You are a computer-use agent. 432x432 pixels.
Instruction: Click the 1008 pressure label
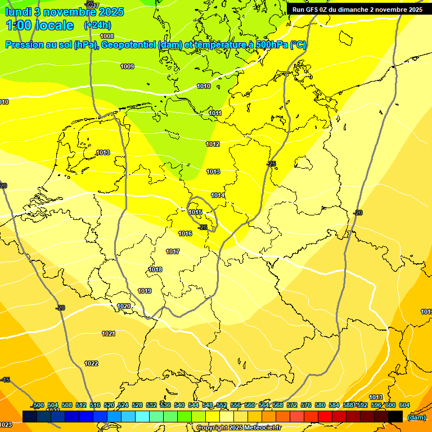click(x=107, y=36)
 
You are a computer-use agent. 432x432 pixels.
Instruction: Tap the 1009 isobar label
click(x=127, y=66)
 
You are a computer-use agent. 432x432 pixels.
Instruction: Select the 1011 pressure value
click(x=215, y=113)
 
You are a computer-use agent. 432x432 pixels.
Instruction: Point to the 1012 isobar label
click(x=213, y=144)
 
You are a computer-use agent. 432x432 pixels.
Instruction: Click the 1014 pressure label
click(x=218, y=195)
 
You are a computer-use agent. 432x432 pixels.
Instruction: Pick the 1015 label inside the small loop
click(x=196, y=212)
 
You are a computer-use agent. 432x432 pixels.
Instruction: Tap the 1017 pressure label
click(x=173, y=251)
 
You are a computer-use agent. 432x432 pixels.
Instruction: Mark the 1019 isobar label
click(x=145, y=291)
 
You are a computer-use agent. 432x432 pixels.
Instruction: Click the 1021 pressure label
click(x=109, y=334)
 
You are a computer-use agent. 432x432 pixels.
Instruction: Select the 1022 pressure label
click(x=91, y=363)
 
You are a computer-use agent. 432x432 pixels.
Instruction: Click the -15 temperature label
click(x=6, y=380)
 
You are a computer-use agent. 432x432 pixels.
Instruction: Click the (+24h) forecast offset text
click(x=97, y=25)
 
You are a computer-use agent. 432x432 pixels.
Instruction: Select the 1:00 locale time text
click(x=40, y=25)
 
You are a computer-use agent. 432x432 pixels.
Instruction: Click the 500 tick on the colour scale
click(x=38, y=405)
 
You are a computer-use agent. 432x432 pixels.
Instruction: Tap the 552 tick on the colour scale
click(x=221, y=405)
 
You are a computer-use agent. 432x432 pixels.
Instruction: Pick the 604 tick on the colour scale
click(x=404, y=405)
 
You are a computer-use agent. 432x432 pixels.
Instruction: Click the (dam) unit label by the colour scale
click(x=416, y=417)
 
